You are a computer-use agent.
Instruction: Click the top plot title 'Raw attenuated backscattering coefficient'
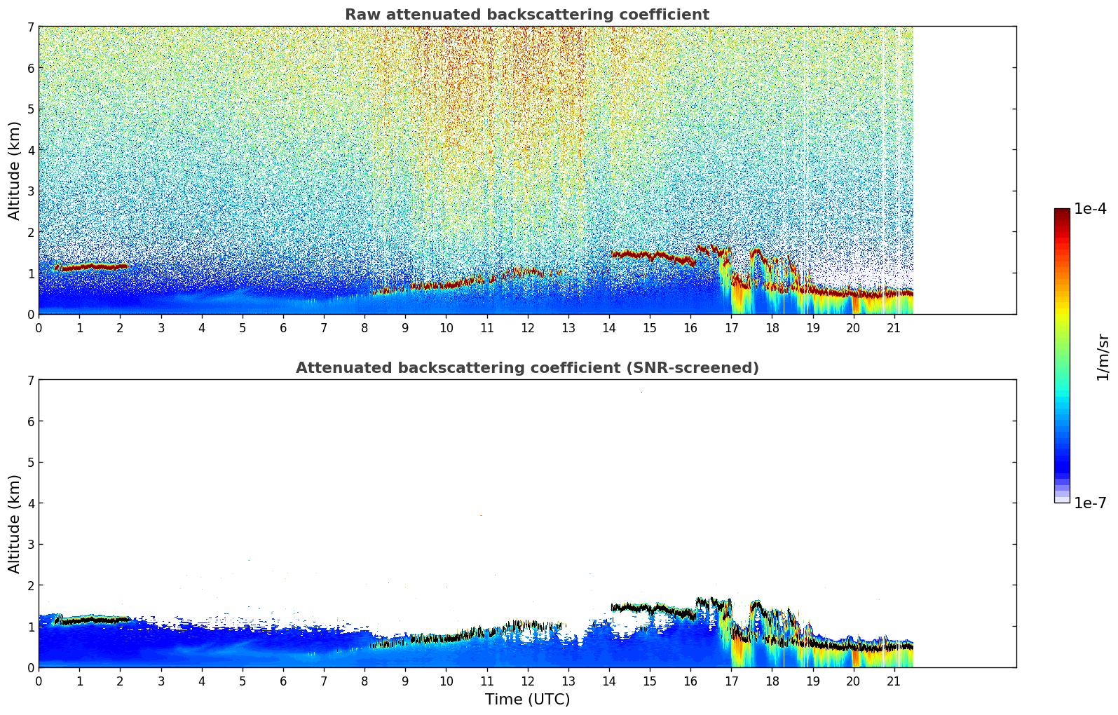[x=526, y=15]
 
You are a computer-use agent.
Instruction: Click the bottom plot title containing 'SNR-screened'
[x=526, y=368]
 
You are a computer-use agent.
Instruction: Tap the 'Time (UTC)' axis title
[x=527, y=700]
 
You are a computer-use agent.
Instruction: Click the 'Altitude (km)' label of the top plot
[x=15, y=170]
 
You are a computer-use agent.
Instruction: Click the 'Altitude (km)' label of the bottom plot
[x=15, y=524]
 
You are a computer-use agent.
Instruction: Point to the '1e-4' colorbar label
[x=1090, y=209]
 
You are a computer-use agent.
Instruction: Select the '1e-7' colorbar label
[x=1090, y=503]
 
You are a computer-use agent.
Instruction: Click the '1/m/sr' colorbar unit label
[x=1103, y=357]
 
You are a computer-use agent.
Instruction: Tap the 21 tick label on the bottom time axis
[x=894, y=681]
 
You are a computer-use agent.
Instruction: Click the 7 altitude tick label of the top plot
[x=31, y=27]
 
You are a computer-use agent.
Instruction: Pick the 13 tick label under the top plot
[x=568, y=328]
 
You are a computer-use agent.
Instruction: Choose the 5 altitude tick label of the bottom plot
[x=31, y=463]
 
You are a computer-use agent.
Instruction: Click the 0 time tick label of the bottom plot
[x=39, y=681]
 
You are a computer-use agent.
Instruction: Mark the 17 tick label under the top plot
[x=731, y=328]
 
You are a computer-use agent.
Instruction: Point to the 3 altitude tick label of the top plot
[x=31, y=191]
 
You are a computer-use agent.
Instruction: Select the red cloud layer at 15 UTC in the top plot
[x=650, y=256]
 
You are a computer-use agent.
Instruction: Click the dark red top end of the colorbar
[x=1062, y=212]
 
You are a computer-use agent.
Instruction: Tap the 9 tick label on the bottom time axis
[x=405, y=681]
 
